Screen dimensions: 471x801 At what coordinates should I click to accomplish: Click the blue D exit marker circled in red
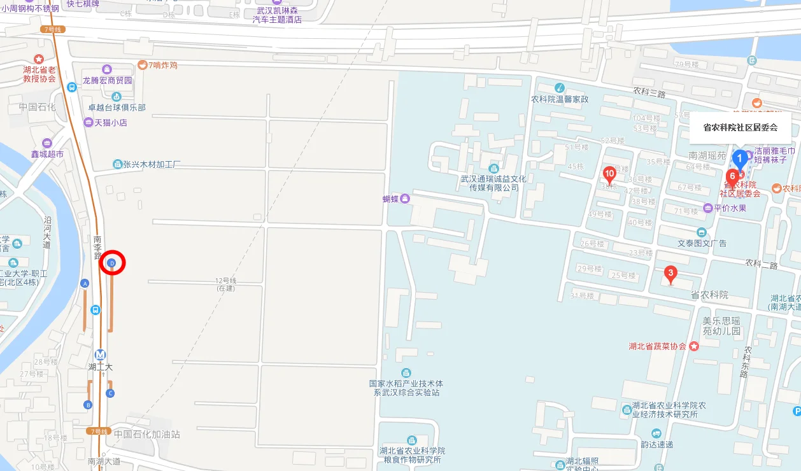112,263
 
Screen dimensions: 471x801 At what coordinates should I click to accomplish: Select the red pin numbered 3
669,274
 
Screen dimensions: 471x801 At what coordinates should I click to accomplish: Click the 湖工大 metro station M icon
100,355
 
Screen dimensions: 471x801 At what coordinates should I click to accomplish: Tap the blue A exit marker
85,283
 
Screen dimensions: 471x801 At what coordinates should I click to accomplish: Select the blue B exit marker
88,405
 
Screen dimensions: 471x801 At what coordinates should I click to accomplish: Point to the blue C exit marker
110,393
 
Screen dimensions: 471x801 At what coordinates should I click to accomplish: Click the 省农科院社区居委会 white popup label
740,127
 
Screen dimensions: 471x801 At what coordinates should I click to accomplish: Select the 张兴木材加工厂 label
152,164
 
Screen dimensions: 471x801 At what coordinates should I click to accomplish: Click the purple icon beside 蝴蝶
406,199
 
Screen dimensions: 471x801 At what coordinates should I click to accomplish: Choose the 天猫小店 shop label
111,122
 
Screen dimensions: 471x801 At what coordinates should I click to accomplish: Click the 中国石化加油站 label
146,434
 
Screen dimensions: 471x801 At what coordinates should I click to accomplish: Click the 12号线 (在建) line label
225,285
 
